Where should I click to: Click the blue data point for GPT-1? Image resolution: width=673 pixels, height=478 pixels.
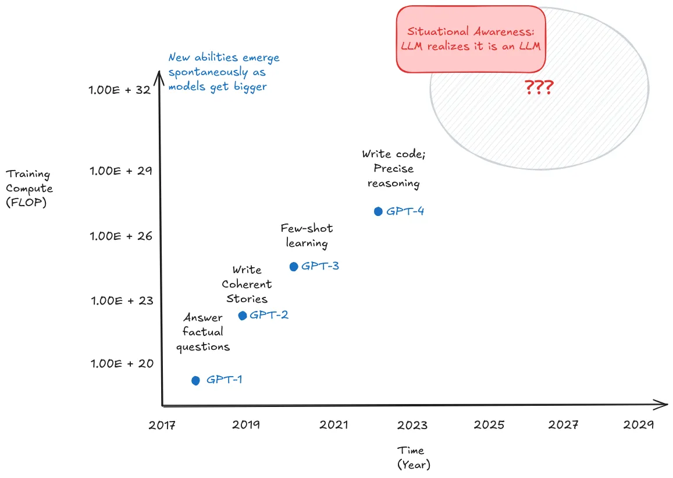pyautogui.click(x=195, y=380)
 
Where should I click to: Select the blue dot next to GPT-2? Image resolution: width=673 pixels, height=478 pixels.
pyautogui.click(x=243, y=316)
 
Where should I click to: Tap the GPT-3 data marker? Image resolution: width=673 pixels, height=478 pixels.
pyautogui.click(x=294, y=267)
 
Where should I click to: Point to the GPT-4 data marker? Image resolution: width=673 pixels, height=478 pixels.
pyautogui.click(x=378, y=211)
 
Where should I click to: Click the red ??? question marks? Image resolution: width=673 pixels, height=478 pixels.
pyautogui.click(x=539, y=88)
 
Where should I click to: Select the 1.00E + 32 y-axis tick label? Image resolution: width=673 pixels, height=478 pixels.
pyautogui.click(x=119, y=90)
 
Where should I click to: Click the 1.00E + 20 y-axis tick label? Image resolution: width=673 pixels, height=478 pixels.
pyautogui.click(x=122, y=364)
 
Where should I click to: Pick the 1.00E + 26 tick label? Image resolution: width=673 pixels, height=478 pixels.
pyautogui.click(x=121, y=236)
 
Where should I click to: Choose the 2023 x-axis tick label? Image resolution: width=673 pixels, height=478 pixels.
pyautogui.click(x=412, y=425)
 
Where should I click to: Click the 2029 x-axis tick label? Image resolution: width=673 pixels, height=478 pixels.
pyautogui.click(x=639, y=425)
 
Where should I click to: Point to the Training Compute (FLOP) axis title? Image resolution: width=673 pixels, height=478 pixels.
pyautogui.click(x=29, y=188)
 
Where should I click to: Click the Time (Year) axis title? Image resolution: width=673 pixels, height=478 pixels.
pyautogui.click(x=413, y=457)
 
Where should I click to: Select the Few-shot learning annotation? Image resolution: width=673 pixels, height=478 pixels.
pyautogui.click(x=307, y=235)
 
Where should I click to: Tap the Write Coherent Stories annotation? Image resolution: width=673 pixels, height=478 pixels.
pyautogui.click(x=247, y=284)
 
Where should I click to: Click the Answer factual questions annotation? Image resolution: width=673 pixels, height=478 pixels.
pyautogui.click(x=203, y=332)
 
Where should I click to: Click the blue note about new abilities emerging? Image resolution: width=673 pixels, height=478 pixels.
pyautogui.click(x=224, y=72)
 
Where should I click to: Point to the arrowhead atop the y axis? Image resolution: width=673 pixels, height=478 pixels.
pyautogui.click(x=159, y=75)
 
